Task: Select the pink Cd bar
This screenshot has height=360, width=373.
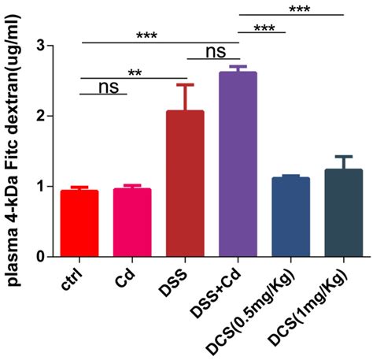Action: click(x=132, y=223)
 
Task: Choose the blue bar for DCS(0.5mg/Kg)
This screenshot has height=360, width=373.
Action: click(x=290, y=217)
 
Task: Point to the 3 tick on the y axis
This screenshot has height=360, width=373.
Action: click(x=46, y=46)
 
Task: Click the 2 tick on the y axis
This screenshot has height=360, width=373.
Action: click(x=46, y=116)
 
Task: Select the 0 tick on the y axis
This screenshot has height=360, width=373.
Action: click(x=46, y=257)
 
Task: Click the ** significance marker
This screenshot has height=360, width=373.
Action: click(x=135, y=72)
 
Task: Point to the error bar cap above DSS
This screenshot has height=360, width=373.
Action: click(x=185, y=85)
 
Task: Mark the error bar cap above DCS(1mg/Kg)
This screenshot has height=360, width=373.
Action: click(x=343, y=156)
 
